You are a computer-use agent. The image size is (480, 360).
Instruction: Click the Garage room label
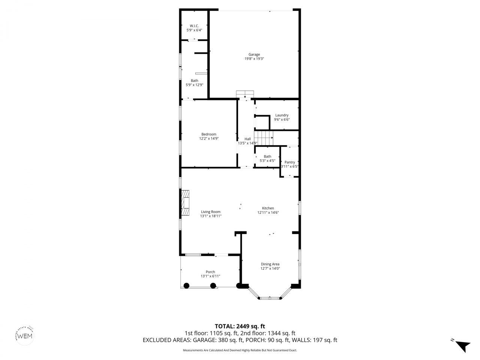pos(254,54)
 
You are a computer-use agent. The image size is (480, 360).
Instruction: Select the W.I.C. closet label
pos(194,26)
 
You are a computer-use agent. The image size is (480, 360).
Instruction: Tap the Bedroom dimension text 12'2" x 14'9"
pos(209,138)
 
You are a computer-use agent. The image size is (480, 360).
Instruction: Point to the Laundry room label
pos(282,115)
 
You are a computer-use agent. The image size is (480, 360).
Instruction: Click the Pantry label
pos(289,162)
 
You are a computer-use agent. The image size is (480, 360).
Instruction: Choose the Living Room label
pos(210,211)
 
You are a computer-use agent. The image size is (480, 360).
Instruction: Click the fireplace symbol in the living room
pos(185,203)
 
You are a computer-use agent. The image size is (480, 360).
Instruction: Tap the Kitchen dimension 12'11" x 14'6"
pos(268,213)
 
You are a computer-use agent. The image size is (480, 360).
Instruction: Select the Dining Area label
pos(270,264)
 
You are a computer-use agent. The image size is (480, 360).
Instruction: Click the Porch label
pos(210,272)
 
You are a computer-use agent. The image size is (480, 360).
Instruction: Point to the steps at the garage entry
pos(245,94)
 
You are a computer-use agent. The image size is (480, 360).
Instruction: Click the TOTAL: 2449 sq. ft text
pos(240,326)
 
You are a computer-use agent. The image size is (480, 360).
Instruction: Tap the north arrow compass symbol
pos(462,345)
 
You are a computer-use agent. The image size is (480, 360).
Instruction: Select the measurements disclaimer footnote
pos(240,350)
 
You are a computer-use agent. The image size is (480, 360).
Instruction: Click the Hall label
pos(247,139)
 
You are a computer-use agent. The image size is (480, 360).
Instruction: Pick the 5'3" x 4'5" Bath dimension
pos(267,161)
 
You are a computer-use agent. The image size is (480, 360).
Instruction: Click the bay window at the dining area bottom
pos(270,298)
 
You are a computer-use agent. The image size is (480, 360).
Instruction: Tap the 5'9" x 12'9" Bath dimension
pos(194,85)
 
